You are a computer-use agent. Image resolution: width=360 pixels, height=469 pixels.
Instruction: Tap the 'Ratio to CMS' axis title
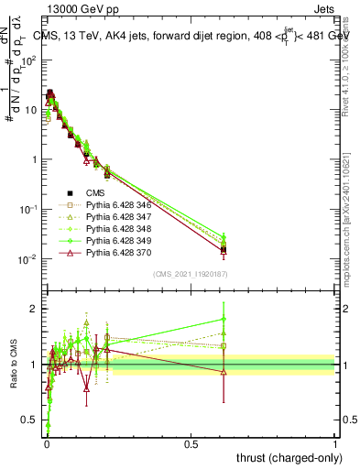[12, 365]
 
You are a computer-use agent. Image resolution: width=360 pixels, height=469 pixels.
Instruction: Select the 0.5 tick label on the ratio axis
[29, 422]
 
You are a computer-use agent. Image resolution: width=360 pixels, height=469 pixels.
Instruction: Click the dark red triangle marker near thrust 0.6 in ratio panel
[224, 371]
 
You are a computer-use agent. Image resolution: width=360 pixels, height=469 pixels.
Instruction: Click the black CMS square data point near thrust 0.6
[224, 249]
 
